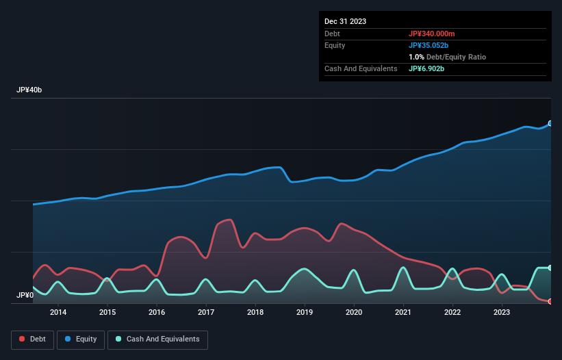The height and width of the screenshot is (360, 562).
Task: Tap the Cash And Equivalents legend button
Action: coord(157,339)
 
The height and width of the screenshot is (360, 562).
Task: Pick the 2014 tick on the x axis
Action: coord(58,313)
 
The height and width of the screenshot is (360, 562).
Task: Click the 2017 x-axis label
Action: coord(206,313)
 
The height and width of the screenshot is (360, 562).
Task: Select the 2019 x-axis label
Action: coord(305,313)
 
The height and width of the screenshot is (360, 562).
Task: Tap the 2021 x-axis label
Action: coord(403,313)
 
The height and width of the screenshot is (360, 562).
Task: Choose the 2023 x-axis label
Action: coord(502,313)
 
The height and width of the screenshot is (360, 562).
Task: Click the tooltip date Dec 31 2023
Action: coord(345,21)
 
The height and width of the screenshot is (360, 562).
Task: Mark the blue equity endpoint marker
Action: coord(550,124)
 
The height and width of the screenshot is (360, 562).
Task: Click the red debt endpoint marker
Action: coord(550,301)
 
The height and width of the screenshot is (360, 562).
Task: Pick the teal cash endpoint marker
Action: coord(550,268)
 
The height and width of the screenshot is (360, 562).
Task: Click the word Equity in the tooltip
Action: coord(335,45)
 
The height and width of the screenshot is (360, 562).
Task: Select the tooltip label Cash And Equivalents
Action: coord(361,68)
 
